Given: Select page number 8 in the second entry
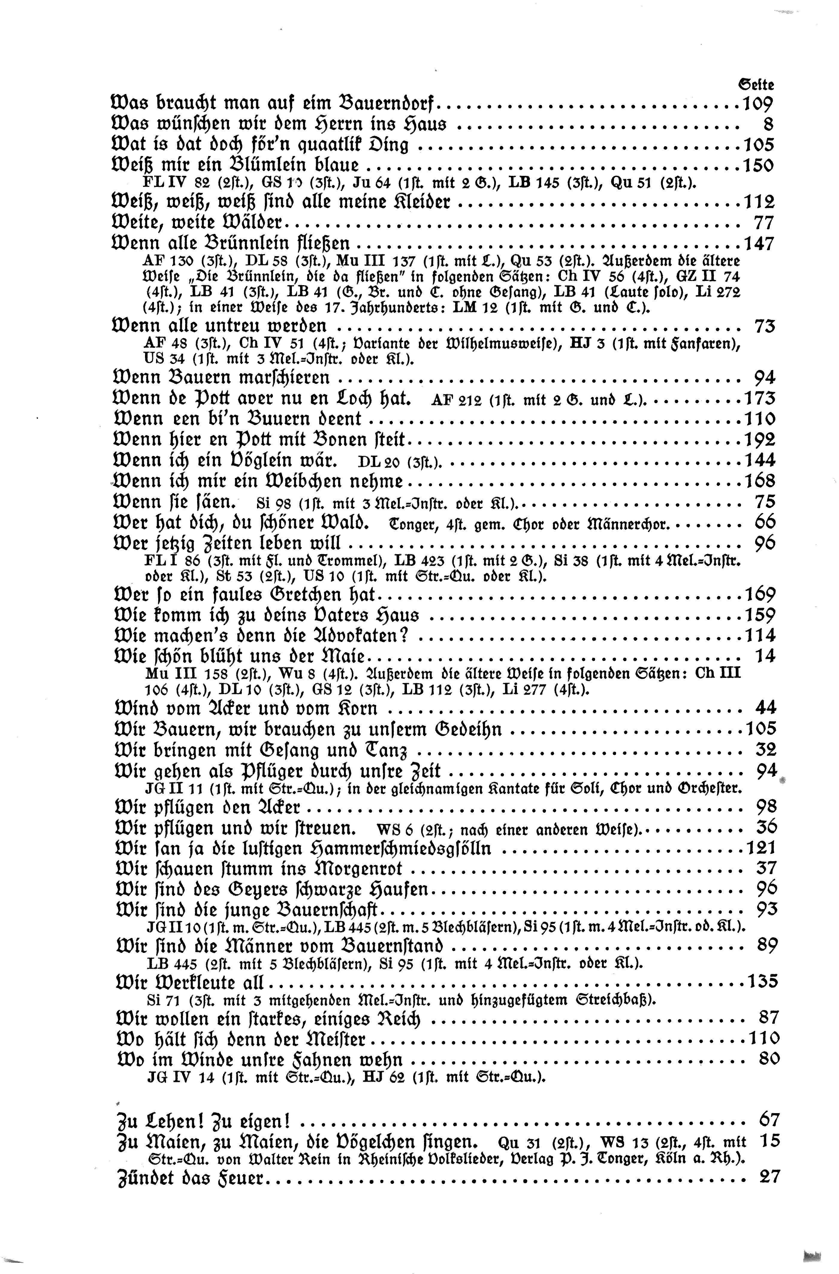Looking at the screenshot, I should pos(768,124).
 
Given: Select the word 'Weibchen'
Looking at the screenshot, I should pos(316,481).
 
